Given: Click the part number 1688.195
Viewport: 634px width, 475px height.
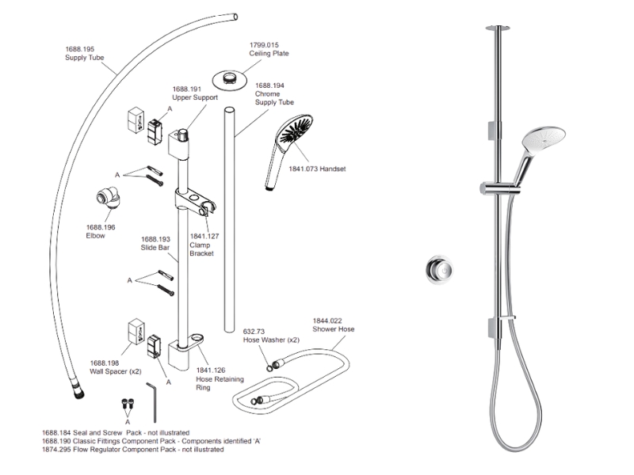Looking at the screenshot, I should click(x=79, y=49).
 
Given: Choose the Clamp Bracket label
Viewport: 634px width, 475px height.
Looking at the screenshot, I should click(x=201, y=249).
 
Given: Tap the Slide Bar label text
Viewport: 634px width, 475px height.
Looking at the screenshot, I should click(x=155, y=247).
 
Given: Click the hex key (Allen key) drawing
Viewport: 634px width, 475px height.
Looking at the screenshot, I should click(x=155, y=401).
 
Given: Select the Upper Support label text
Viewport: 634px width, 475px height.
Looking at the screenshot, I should click(x=194, y=98).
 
